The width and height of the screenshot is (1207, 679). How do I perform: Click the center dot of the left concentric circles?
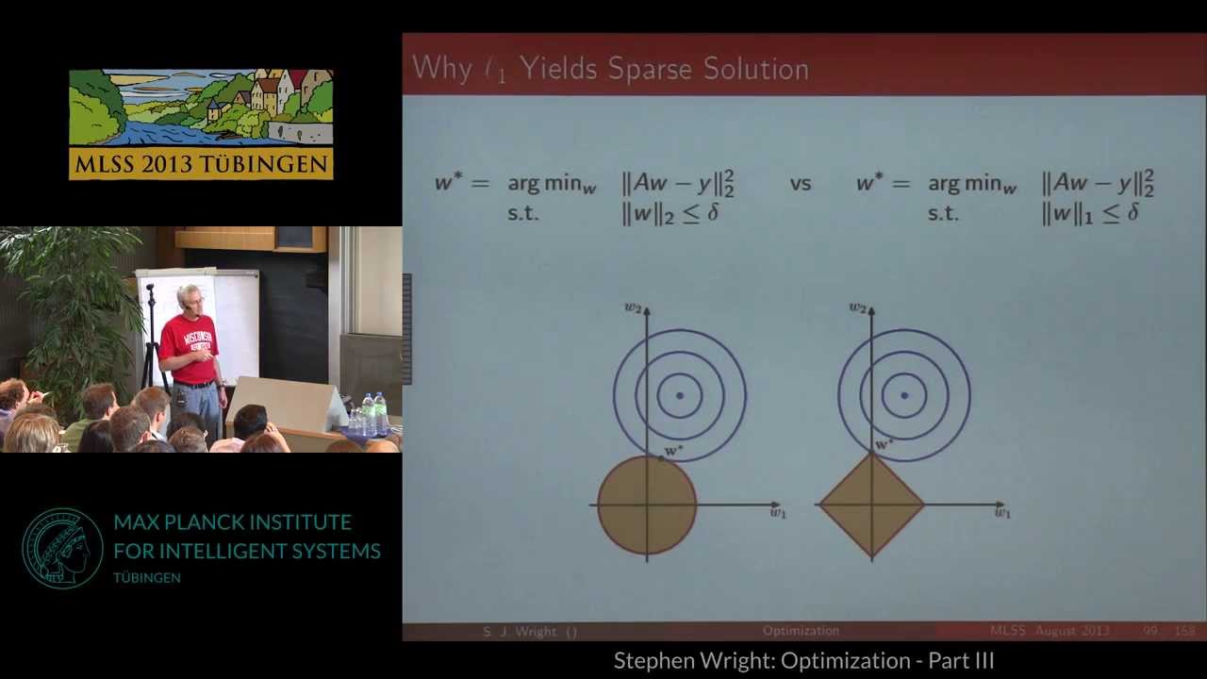[680, 395]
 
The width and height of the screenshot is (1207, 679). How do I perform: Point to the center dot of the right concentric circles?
[904, 395]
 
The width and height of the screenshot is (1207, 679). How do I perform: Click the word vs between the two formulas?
[801, 184]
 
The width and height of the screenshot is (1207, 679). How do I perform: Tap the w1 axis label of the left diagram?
[778, 513]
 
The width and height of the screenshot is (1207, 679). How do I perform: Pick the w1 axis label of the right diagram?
[1002, 513]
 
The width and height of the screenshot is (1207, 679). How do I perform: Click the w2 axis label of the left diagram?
[632, 307]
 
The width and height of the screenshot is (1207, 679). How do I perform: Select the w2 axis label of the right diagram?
[856, 307]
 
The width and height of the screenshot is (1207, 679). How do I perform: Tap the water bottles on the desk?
[373, 414]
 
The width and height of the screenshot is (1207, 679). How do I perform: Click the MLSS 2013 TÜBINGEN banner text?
[201, 163]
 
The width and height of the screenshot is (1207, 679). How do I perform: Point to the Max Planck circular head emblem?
[62, 549]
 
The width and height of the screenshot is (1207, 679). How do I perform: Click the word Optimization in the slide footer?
[801, 631]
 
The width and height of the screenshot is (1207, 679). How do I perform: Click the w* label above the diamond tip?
[884, 444]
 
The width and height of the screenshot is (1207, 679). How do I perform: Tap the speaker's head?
[190, 297]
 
